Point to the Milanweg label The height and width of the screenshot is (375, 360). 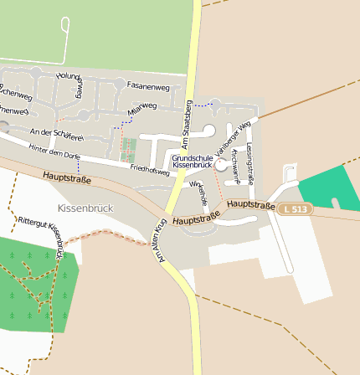coord(142,108)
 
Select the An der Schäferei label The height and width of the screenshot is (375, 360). coord(56,134)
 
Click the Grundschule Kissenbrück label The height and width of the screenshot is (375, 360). coord(193,162)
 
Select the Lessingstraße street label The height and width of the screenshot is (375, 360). coord(250,152)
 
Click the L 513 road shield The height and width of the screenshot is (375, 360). coord(296,208)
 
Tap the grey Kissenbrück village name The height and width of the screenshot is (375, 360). coord(85,208)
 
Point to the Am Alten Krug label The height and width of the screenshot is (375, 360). coord(160,242)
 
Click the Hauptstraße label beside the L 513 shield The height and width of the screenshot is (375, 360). coord(250,204)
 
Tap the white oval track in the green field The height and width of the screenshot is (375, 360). coord(66,38)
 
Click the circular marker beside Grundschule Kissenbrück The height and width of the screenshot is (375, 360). coord(221,166)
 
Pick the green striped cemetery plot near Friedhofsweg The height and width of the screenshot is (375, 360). coord(128,151)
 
